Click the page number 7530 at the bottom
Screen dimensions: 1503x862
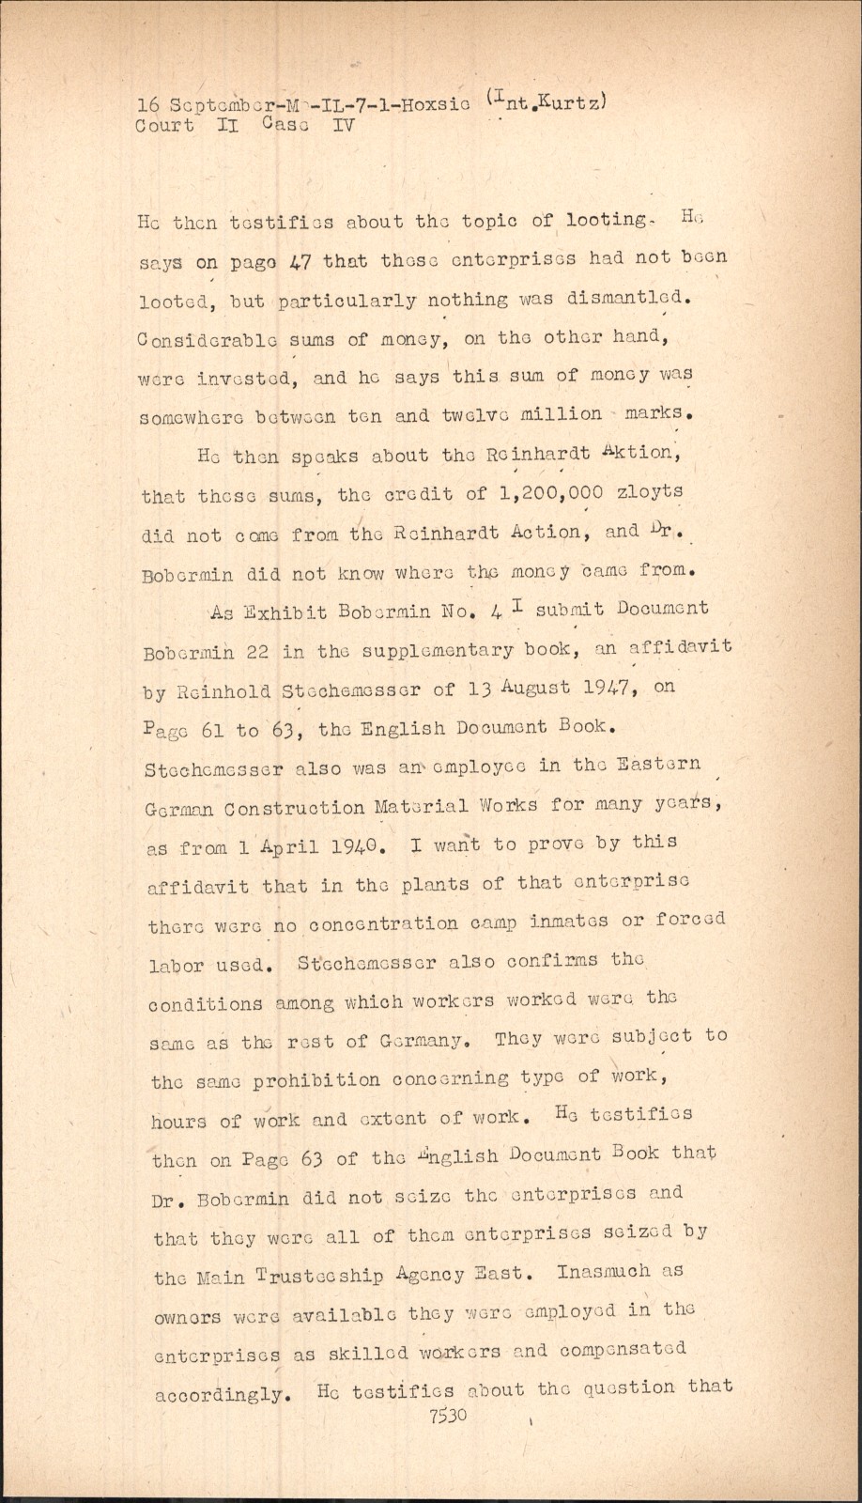(448, 1416)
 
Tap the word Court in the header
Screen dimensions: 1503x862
(165, 126)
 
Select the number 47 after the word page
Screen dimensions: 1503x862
(300, 261)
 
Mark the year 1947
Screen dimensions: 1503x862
(607, 687)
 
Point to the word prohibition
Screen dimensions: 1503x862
(316, 1079)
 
